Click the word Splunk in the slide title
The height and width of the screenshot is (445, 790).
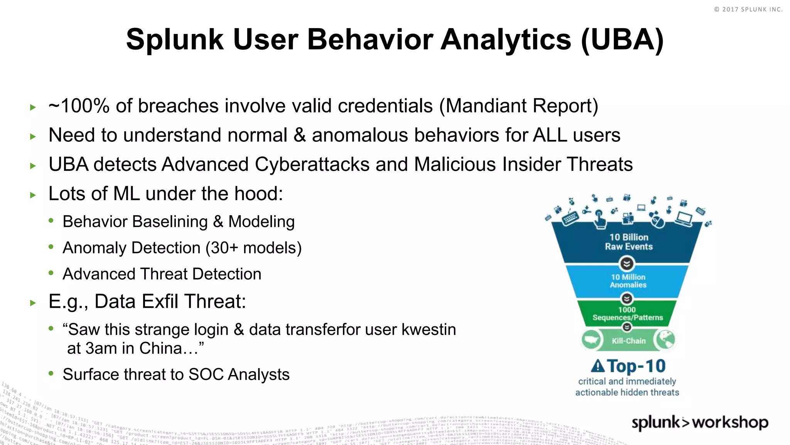tap(175, 40)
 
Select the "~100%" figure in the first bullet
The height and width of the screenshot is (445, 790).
tap(79, 106)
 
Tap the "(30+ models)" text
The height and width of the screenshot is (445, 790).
tap(253, 248)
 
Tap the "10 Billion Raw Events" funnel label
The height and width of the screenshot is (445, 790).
tap(629, 242)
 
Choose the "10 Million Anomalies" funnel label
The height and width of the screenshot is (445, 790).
tap(628, 281)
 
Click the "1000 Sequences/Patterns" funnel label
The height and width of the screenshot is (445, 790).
tap(628, 314)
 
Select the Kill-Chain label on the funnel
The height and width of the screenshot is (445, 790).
tap(628, 341)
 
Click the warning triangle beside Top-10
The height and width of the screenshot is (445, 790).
tap(598, 365)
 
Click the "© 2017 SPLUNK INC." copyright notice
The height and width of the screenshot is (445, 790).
tap(748, 9)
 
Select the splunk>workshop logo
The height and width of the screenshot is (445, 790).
tap(700, 422)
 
